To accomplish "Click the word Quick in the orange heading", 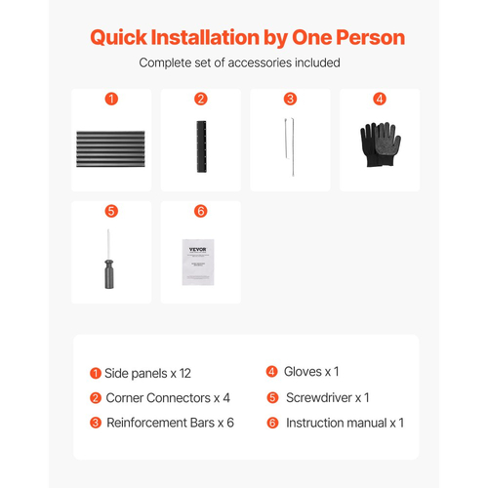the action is (x=118, y=38).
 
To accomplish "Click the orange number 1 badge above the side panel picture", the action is (x=111, y=99).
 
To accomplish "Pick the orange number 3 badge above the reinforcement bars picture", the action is (x=290, y=99).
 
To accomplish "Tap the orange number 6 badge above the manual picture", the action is (x=201, y=211).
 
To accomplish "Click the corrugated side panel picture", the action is (x=110, y=149).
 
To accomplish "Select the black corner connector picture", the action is (x=201, y=146).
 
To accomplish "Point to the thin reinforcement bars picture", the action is (x=290, y=147).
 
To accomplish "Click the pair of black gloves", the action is (x=381, y=144).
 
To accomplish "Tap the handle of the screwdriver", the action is (x=109, y=274).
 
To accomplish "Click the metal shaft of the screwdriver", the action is (x=108, y=244).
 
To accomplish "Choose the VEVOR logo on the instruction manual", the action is (x=198, y=250).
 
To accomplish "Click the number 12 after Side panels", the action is (x=185, y=374).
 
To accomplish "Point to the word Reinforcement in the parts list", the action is (x=161, y=423).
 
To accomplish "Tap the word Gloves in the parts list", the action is (x=303, y=372).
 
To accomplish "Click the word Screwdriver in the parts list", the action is (x=319, y=397).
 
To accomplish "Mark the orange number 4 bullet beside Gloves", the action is (x=271, y=372).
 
